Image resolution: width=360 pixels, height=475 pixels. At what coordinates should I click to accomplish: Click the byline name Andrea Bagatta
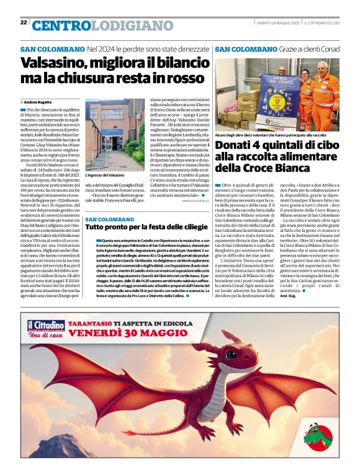click(38, 101)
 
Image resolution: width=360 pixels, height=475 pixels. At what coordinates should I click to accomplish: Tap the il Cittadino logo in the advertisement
click(45, 325)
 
